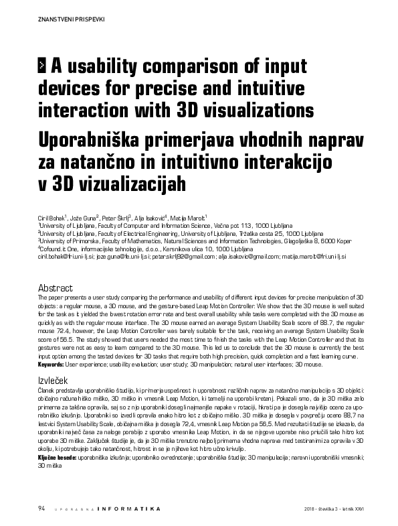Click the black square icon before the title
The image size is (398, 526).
[44, 65]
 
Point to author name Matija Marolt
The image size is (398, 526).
[189, 217]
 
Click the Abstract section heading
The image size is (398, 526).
[56, 286]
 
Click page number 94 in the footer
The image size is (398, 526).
[41, 509]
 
